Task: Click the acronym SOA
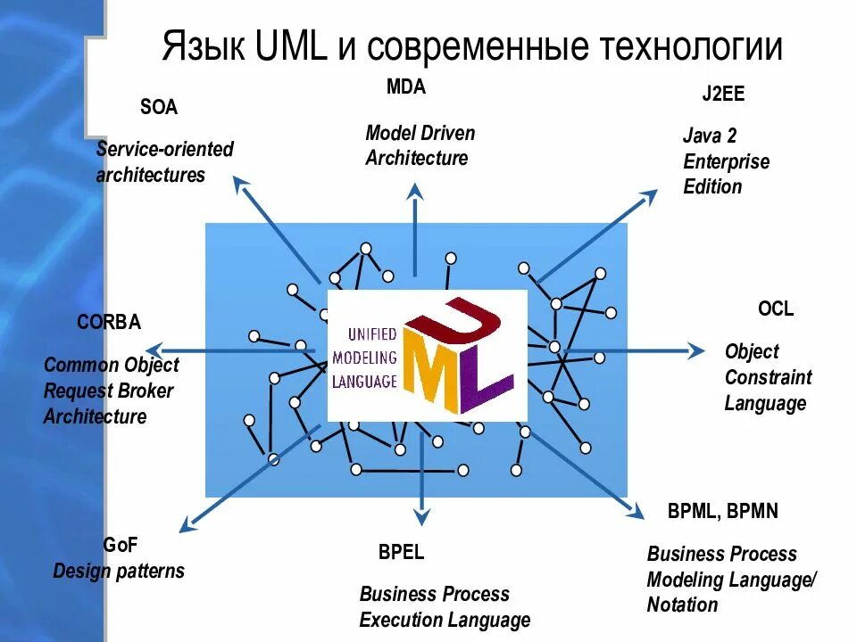(x=159, y=108)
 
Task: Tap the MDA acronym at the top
(x=406, y=87)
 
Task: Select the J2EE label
(x=723, y=95)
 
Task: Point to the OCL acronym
(x=775, y=309)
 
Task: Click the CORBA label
(x=109, y=323)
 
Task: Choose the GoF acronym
(x=121, y=545)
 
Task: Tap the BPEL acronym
(x=401, y=552)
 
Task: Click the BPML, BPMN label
(x=722, y=511)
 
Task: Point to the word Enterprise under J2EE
(x=726, y=161)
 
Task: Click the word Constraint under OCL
(x=768, y=377)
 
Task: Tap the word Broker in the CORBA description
(x=145, y=391)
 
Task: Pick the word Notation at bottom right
(x=682, y=605)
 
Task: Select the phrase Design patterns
(x=119, y=571)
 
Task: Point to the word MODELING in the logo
(x=363, y=358)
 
